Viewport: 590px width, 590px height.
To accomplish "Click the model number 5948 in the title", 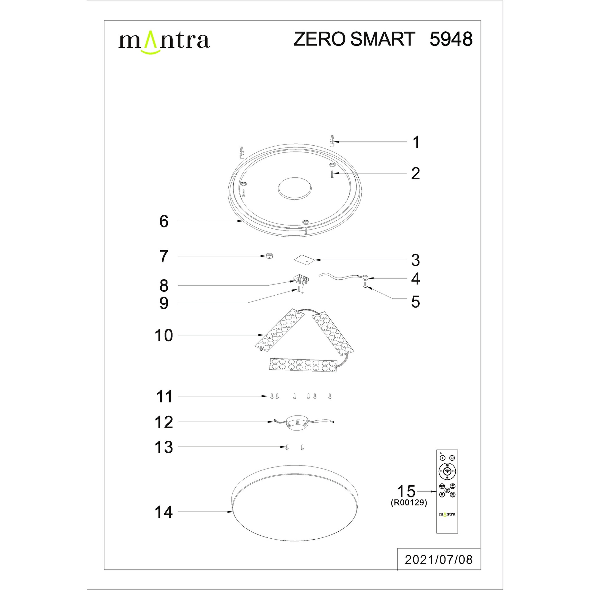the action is [451, 39].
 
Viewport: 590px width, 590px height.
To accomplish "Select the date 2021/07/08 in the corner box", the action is [439, 560].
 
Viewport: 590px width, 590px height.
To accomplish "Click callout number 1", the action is [416, 142].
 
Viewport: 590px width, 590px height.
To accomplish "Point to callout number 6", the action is [164, 221].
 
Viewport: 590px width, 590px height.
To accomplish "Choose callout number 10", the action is [164, 335].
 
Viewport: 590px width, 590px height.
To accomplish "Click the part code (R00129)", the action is [409, 502].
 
